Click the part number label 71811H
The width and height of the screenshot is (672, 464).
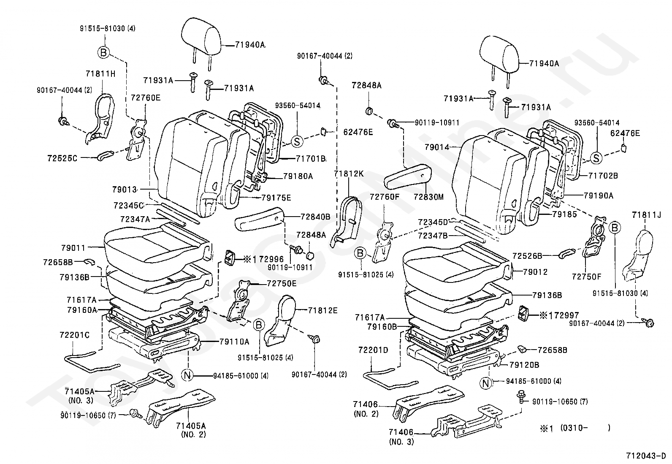[x=100, y=74]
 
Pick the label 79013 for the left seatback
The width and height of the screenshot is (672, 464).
[x=125, y=190]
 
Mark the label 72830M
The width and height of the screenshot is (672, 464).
[x=428, y=197]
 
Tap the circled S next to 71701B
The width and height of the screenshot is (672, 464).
[x=297, y=142]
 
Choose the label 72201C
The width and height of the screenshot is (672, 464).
[x=74, y=335]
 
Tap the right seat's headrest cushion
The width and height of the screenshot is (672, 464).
[x=499, y=53]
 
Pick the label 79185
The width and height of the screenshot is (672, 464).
[x=565, y=214]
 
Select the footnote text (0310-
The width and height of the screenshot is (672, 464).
[x=574, y=428]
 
